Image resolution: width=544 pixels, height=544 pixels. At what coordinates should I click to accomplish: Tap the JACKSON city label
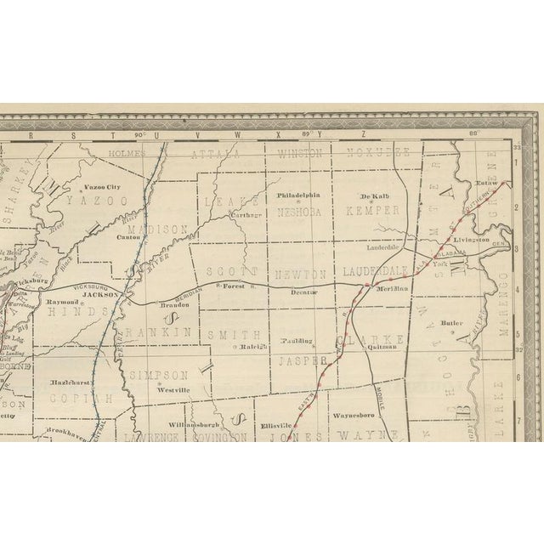100,294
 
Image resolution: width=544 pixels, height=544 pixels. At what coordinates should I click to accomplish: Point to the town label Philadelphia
299,195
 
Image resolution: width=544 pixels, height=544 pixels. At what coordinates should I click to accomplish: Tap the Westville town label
171,389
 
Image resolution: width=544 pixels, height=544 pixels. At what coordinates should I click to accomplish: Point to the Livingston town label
470,241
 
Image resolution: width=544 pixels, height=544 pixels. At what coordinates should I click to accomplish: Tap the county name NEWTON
300,274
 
